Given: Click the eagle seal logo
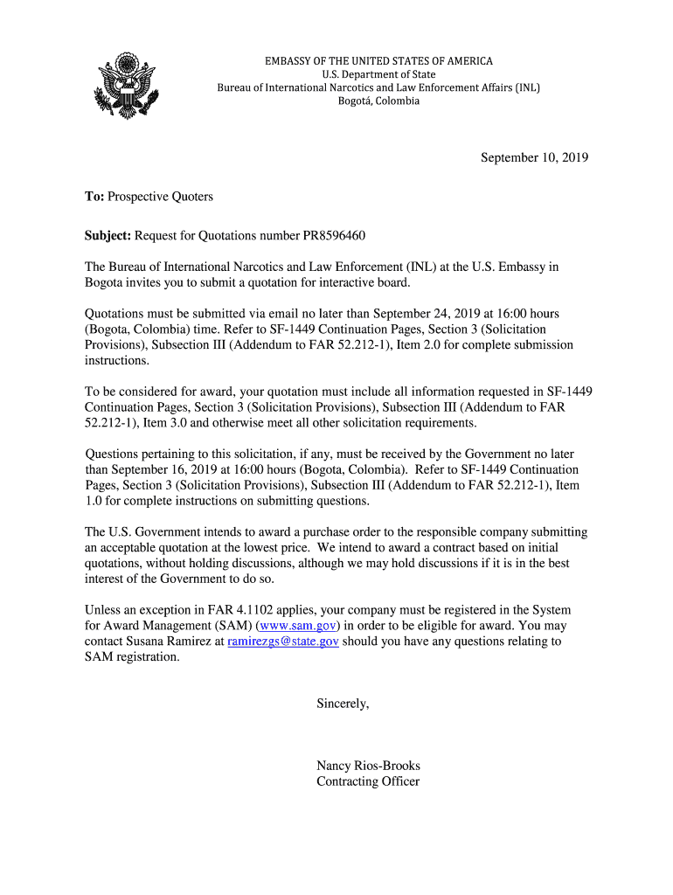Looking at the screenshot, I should pyautogui.click(x=128, y=85).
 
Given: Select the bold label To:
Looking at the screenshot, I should pyautogui.click(x=94, y=197).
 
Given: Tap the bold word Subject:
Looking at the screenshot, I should pyautogui.click(x=108, y=236).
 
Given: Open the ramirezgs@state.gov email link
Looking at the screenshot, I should pyautogui.click(x=282, y=642).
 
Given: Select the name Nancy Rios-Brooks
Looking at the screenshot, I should pyautogui.click(x=368, y=766).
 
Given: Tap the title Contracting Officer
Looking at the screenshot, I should pyautogui.click(x=368, y=781).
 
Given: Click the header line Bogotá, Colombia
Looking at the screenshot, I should pyautogui.click(x=378, y=101).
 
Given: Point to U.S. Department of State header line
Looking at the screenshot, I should pyautogui.click(x=378, y=74).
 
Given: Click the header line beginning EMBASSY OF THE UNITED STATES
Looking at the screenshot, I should pyautogui.click(x=378, y=61).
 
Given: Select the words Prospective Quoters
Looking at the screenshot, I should pyautogui.click(x=160, y=197).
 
